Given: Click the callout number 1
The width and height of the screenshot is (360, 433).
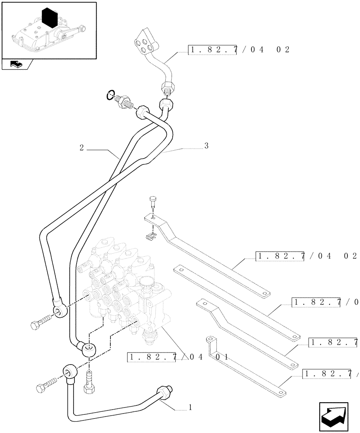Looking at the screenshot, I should pos(190,407).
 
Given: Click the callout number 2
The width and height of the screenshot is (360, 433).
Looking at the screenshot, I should pos(81,147).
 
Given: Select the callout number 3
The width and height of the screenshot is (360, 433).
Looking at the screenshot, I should pos(206,146).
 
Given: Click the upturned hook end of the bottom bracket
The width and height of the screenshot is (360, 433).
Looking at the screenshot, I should pos(211,341).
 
